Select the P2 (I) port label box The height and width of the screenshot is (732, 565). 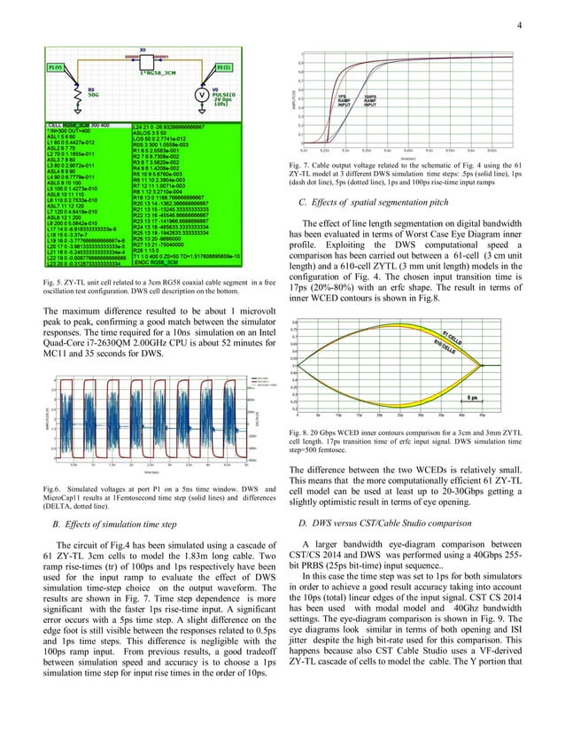[223, 67]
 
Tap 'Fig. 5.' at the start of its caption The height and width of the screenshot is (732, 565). [53, 282]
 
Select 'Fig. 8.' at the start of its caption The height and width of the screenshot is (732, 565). [312, 432]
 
